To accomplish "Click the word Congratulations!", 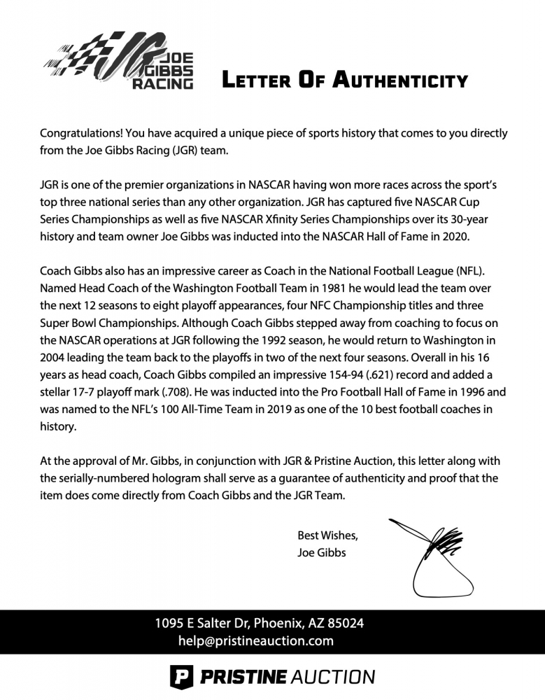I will click(80, 133).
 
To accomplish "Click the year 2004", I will click(52, 357).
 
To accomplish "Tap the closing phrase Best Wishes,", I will click(327, 535).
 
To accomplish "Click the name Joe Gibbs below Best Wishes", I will click(322, 553).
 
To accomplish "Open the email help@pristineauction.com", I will click(255, 640).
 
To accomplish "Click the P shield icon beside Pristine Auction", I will click(181, 677).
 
